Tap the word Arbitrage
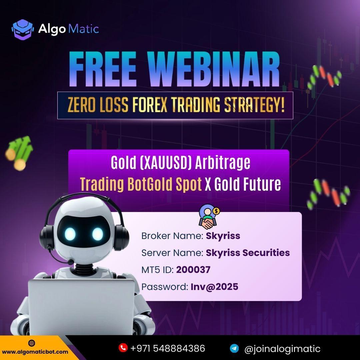223,163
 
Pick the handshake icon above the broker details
208,217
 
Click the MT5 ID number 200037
193,270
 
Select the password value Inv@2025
214,287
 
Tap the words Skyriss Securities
248,253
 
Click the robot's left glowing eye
70,234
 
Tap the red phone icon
123,348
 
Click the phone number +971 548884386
168,348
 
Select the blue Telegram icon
234,348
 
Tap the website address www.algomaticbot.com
35,352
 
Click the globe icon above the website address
31,343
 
